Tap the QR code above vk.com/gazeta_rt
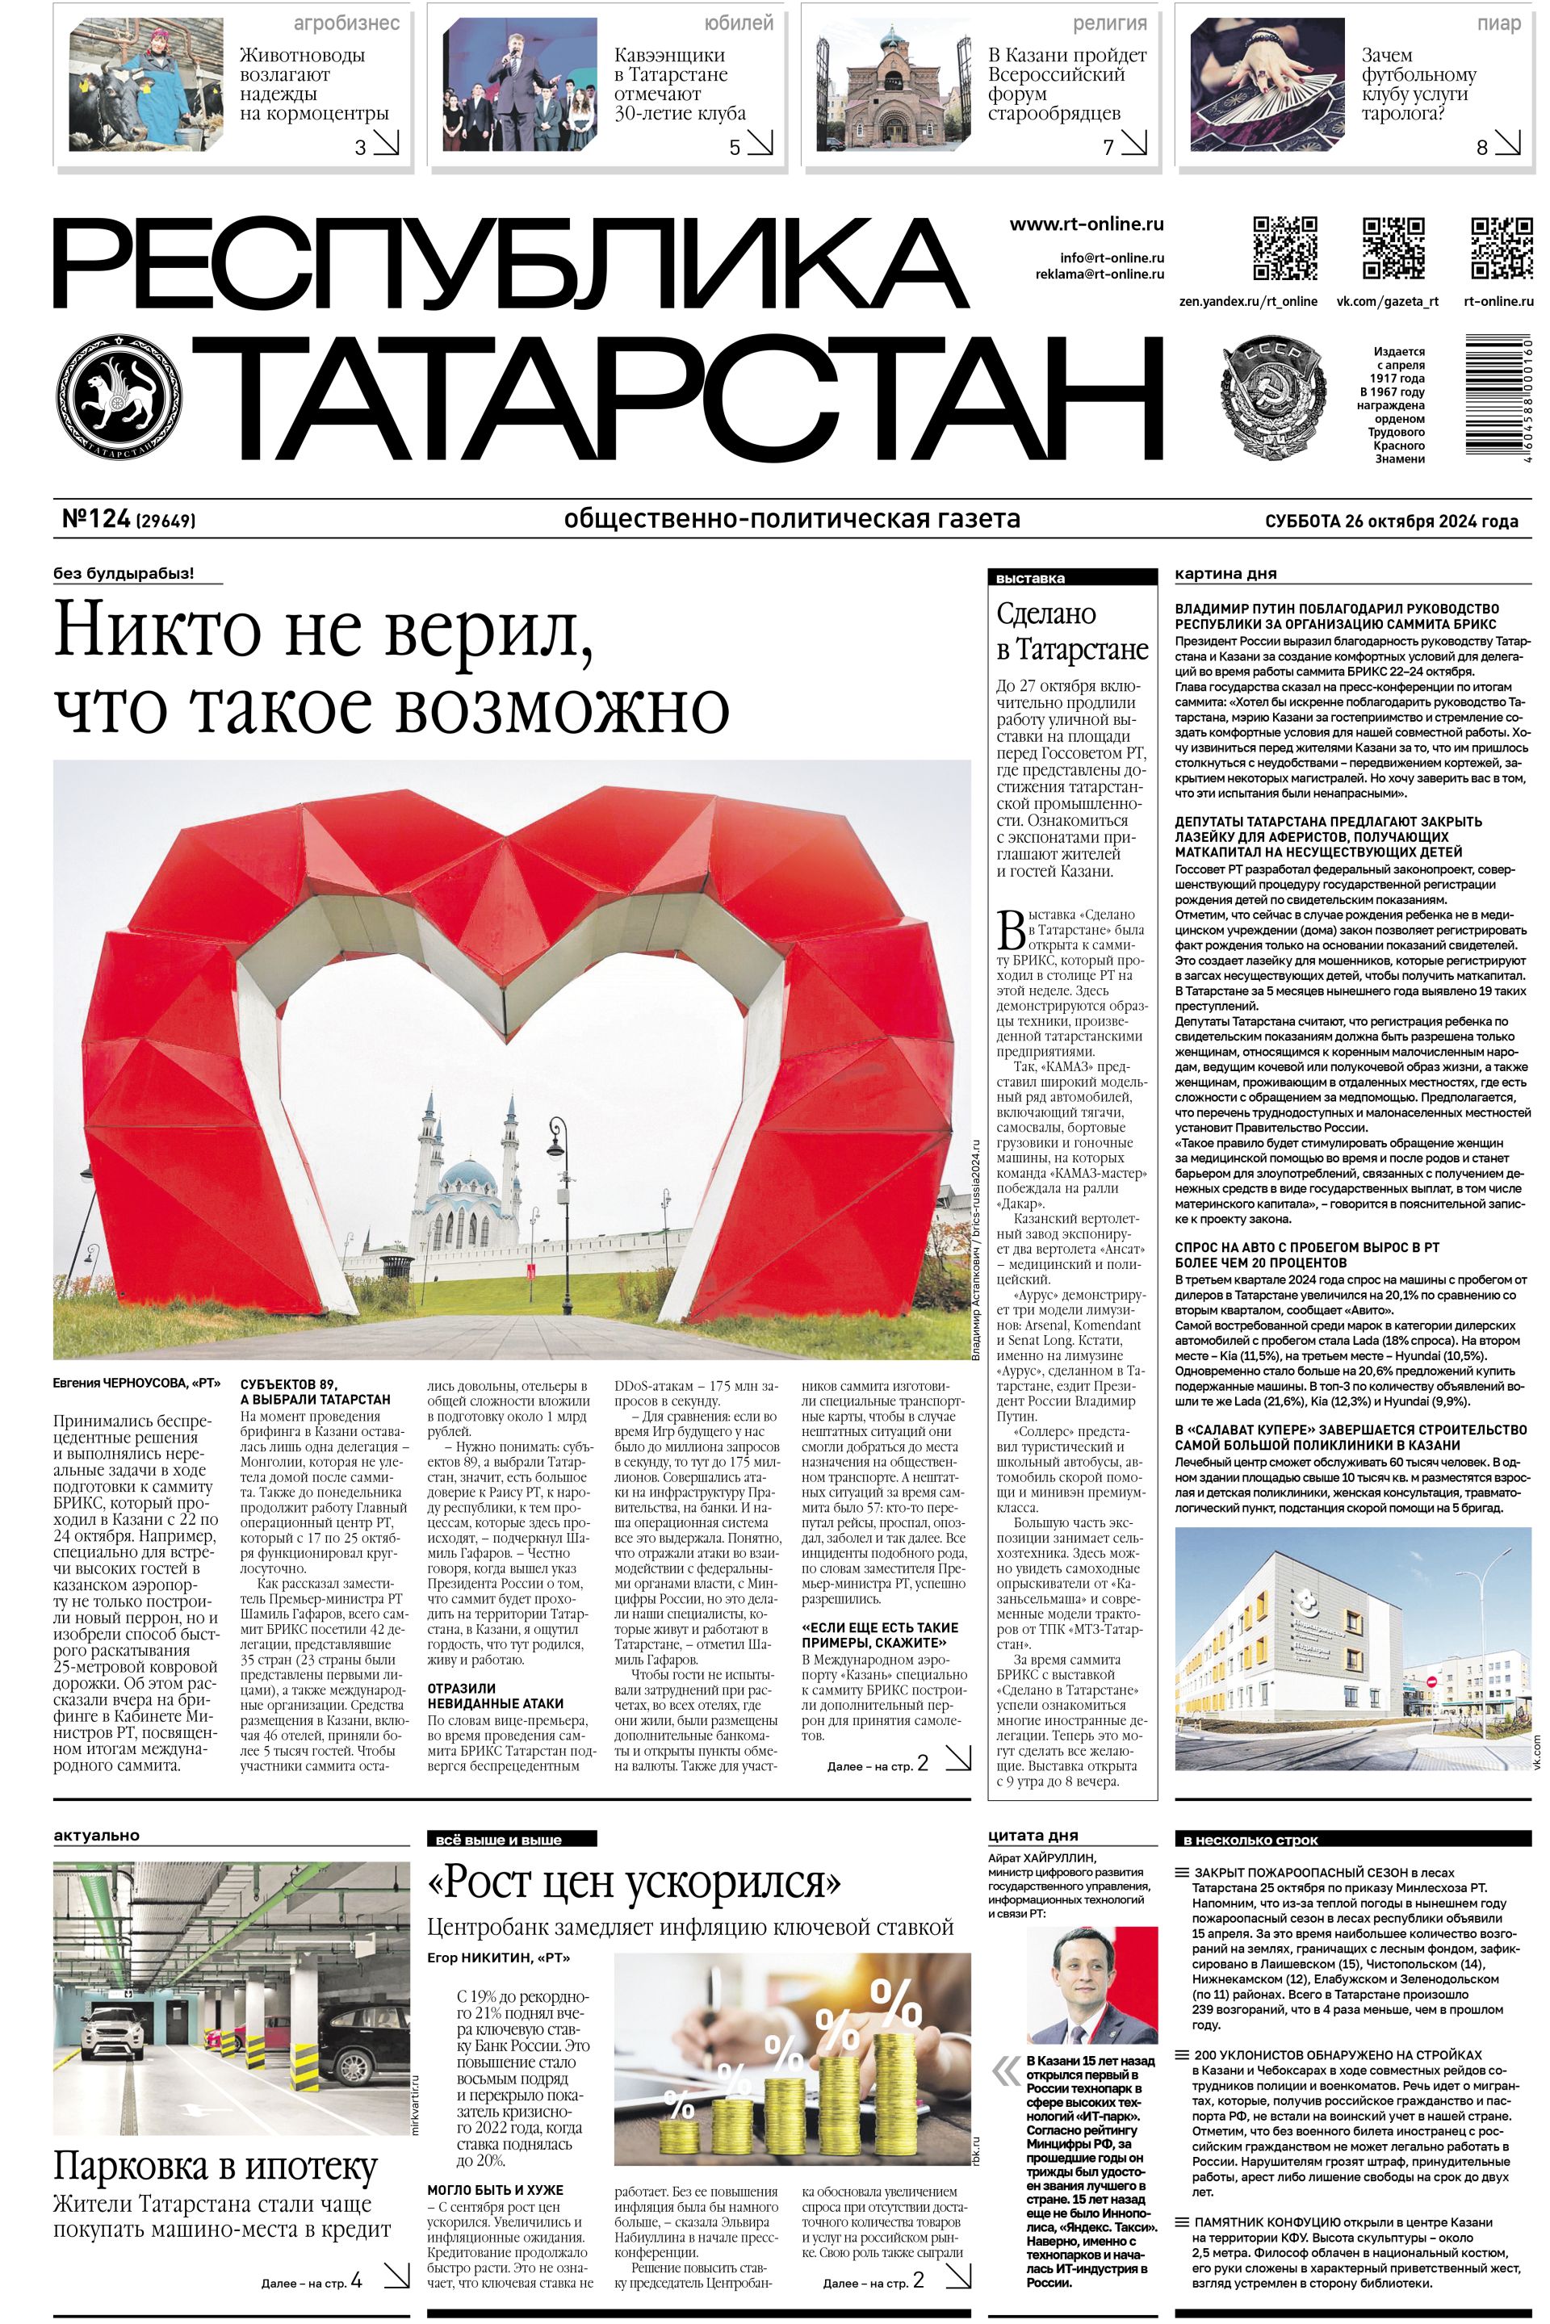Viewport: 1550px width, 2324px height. (1394, 248)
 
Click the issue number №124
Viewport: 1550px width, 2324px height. (97, 519)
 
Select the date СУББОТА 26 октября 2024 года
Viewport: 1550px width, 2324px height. (1391, 521)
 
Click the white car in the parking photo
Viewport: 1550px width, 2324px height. (110, 2020)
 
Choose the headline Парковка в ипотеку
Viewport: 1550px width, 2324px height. (216, 2168)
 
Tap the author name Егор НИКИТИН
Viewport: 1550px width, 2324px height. (485, 1958)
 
